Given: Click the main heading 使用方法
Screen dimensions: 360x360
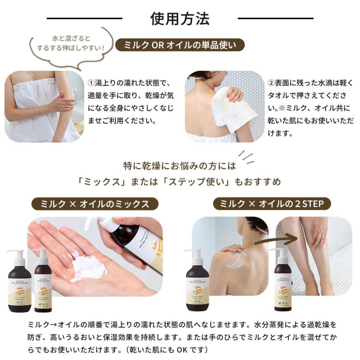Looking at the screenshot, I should [180, 18].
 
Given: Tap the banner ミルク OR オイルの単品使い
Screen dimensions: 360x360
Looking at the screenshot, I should [180, 45].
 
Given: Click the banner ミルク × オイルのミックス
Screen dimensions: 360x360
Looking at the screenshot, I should [95, 204].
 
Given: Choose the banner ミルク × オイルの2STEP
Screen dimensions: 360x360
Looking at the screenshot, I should [272, 204].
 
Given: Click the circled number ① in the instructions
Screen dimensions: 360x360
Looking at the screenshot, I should [91, 83].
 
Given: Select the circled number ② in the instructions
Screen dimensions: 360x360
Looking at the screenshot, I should [271, 83].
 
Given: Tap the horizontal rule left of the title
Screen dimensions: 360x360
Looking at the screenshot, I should [84, 18].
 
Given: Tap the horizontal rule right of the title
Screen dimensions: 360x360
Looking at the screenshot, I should [276, 18].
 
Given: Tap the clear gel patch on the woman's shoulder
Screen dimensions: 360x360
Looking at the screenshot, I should [238, 260].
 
